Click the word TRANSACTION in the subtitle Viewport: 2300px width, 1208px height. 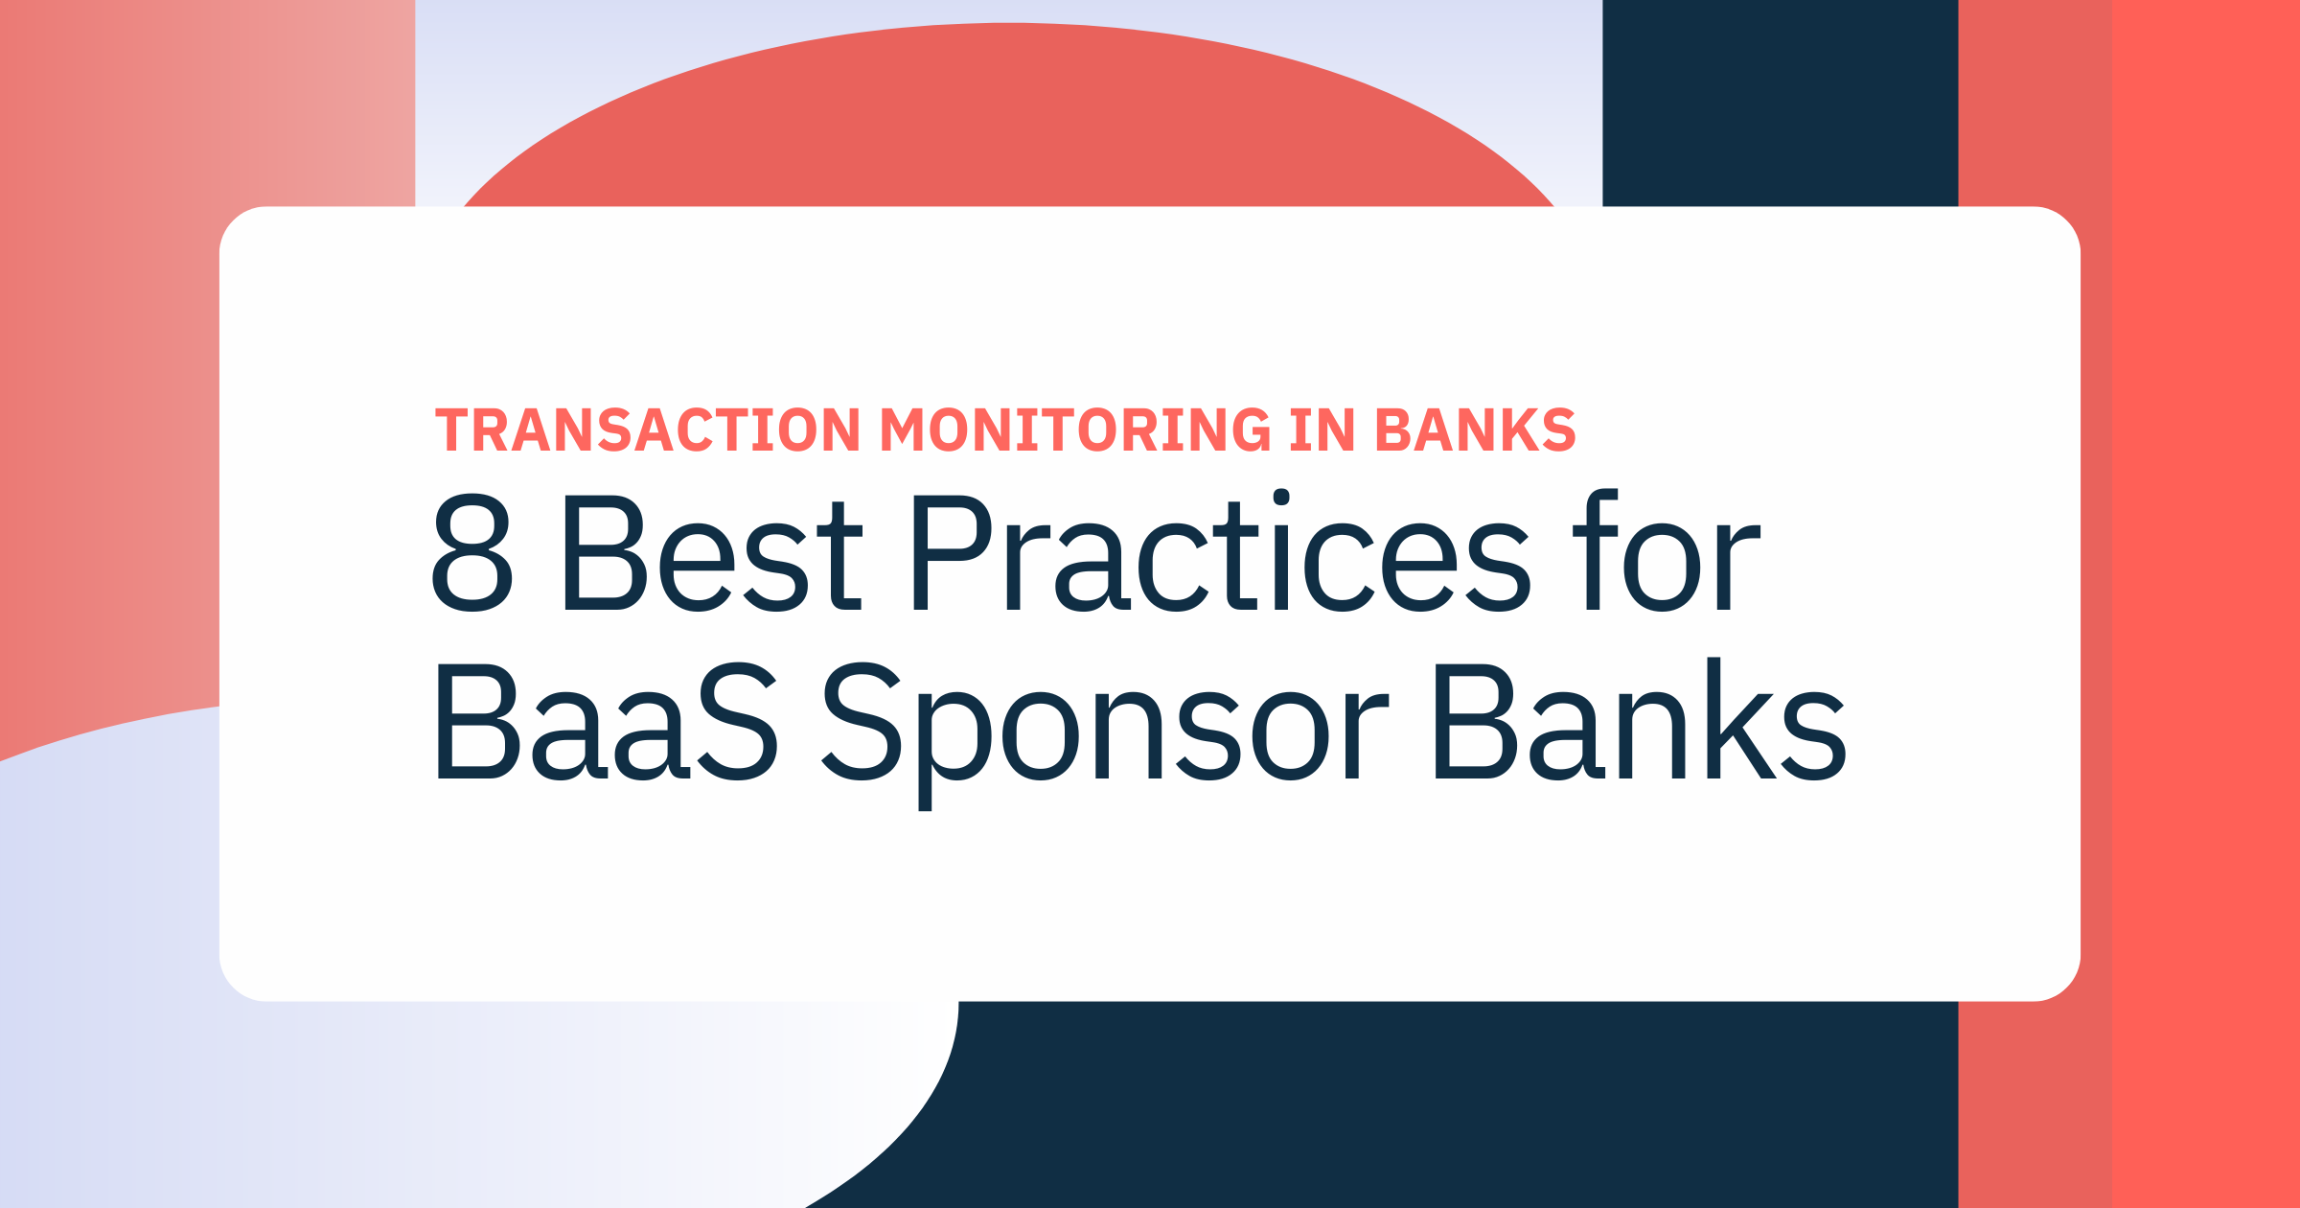coord(649,430)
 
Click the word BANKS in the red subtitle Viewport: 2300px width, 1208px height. coord(1476,430)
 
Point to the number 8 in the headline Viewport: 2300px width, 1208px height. coord(472,553)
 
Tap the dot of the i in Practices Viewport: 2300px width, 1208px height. coord(1281,497)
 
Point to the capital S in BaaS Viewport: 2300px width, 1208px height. coord(738,721)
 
